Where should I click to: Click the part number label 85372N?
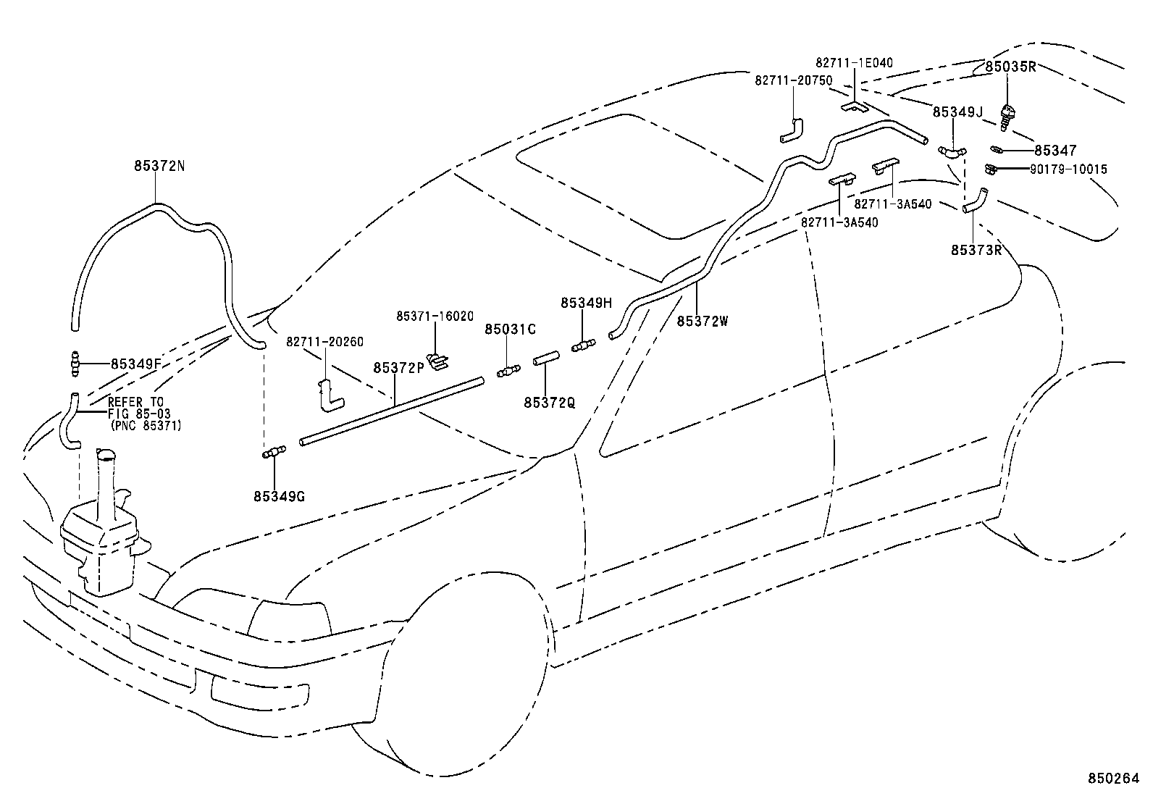[x=159, y=166]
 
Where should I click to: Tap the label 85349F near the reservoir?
[x=135, y=364]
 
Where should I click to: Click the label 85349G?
[x=279, y=496]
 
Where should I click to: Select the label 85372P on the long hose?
[x=398, y=368]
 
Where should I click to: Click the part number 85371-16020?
[x=435, y=317]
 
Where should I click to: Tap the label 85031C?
[x=510, y=330]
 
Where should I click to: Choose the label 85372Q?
[x=549, y=402]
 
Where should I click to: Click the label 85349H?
[x=586, y=303]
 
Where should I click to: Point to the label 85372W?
[x=702, y=321]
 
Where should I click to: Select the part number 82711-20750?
[x=793, y=81]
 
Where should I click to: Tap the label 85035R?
[x=1010, y=67]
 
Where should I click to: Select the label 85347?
[x=1055, y=151]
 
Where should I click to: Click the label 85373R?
[x=976, y=250]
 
